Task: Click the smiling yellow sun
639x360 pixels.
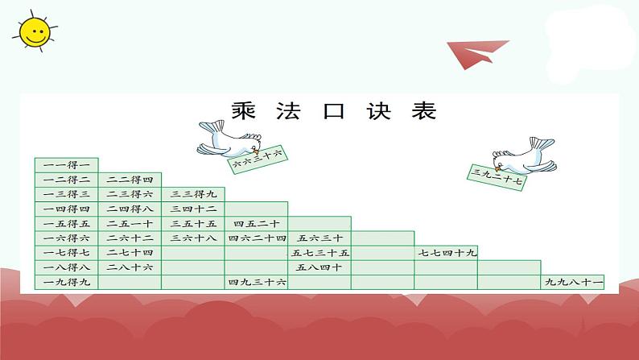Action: (31, 31)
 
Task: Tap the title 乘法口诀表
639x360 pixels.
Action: (333, 111)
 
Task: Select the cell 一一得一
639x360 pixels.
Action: (67, 164)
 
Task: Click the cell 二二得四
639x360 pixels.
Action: (130, 180)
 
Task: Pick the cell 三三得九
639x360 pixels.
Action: (193, 194)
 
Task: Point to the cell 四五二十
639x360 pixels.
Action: (257, 223)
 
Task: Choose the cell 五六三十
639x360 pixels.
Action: (319, 238)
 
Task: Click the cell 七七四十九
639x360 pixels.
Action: (447, 252)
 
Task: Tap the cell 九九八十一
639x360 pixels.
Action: (573, 282)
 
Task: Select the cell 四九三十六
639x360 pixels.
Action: (257, 282)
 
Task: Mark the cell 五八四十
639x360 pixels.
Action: (319, 267)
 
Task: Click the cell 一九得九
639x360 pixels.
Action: (67, 282)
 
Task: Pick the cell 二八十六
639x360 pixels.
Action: (130, 267)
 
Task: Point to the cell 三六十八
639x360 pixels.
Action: (193, 238)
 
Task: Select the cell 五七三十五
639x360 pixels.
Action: (319, 252)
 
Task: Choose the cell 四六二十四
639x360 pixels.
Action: (257, 238)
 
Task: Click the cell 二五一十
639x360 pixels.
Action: (130, 223)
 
